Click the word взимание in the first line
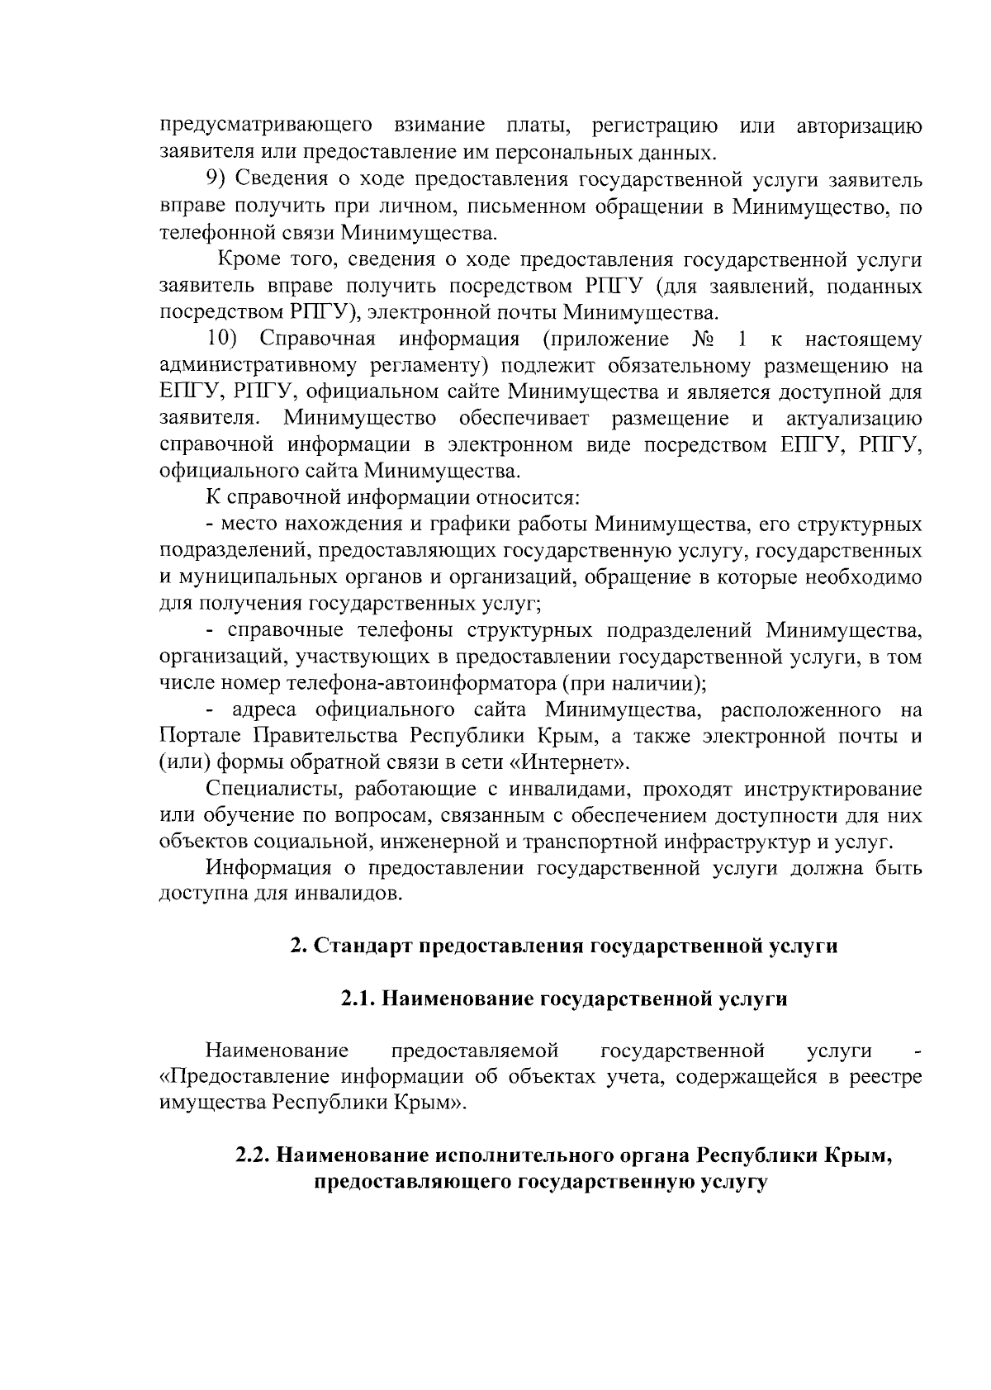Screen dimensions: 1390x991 click(x=439, y=126)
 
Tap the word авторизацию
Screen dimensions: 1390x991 click(x=859, y=126)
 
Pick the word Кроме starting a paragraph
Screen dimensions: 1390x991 click(x=249, y=259)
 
